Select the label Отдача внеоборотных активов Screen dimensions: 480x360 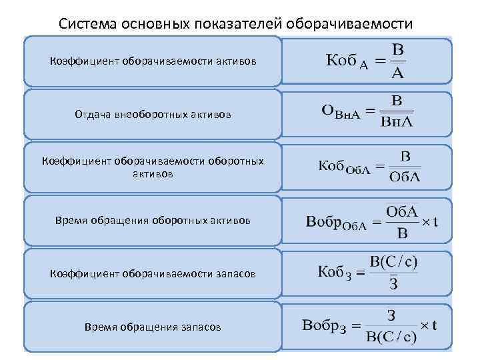(x=153, y=115)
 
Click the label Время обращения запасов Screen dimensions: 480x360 (x=153, y=327)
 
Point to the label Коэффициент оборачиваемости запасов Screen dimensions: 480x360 (x=153, y=274)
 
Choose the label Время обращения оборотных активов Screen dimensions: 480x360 (x=153, y=220)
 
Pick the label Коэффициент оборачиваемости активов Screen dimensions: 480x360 (x=153, y=61)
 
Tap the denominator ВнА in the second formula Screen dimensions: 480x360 (x=397, y=122)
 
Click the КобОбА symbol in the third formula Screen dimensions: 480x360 (x=343, y=167)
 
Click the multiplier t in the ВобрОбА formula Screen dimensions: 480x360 (x=435, y=221)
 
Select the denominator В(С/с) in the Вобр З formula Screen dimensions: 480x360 (x=391, y=336)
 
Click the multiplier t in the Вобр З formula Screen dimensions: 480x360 (x=435, y=327)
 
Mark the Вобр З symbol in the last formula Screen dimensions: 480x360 (x=324, y=327)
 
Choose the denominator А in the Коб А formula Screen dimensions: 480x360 (x=398, y=73)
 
